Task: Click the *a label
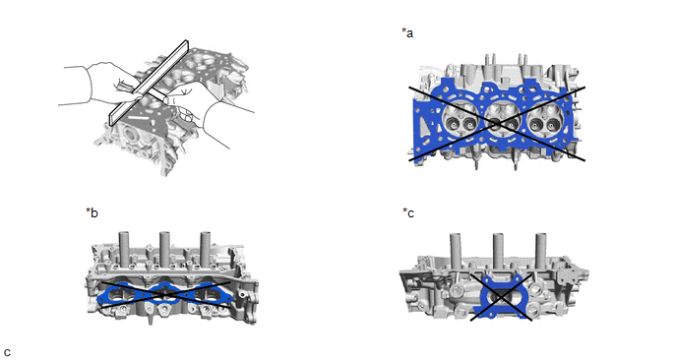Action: tap(407, 32)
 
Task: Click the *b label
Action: tap(92, 212)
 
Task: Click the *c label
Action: tap(408, 212)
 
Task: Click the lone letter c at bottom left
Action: tap(7, 353)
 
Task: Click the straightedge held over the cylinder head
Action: tap(149, 83)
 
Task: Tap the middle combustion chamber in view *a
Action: tap(501, 120)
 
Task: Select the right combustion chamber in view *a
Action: tap(543, 120)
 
